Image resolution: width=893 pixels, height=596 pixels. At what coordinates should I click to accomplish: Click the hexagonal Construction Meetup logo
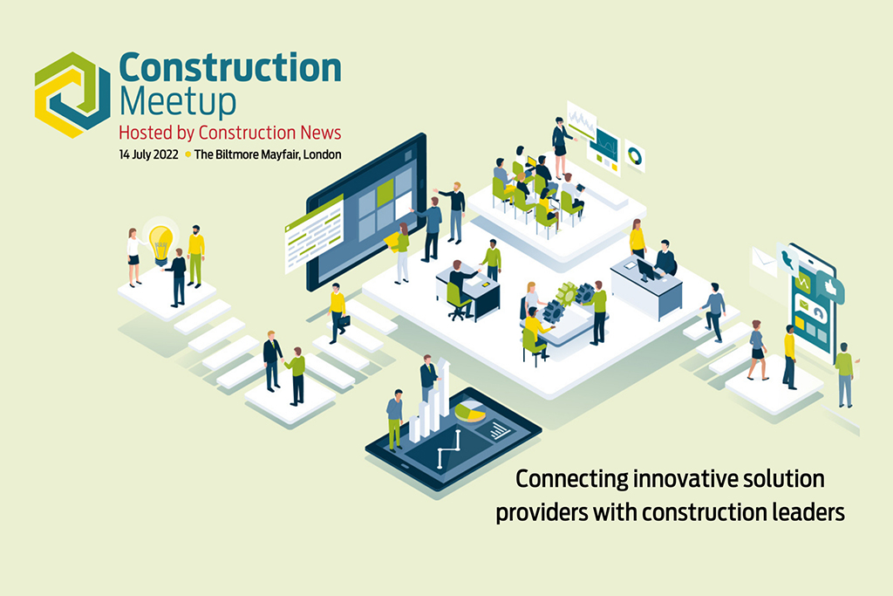(72, 94)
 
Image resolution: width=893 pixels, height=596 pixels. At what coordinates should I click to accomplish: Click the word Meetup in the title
(178, 102)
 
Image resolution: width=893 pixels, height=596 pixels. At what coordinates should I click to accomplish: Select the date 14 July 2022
(148, 154)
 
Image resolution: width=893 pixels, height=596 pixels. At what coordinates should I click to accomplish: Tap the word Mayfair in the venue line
(280, 154)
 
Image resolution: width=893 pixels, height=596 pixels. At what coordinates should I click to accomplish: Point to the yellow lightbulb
(160, 243)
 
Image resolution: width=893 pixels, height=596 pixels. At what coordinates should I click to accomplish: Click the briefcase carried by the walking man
(344, 321)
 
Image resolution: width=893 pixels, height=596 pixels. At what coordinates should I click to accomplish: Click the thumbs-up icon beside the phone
(830, 286)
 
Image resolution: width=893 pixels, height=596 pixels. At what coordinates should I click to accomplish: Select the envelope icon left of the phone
(764, 261)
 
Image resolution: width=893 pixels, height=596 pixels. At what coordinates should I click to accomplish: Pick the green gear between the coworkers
(567, 294)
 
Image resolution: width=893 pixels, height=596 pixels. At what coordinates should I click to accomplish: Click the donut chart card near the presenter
(635, 155)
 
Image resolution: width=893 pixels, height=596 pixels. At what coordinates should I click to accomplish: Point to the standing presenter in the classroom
(562, 147)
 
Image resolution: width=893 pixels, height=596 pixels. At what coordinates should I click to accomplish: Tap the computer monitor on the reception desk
(648, 269)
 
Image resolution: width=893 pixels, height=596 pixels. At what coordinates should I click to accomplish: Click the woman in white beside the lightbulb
(133, 257)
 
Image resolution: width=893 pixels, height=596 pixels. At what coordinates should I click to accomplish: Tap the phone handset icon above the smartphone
(788, 258)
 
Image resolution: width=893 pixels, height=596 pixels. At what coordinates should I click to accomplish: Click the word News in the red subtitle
(321, 133)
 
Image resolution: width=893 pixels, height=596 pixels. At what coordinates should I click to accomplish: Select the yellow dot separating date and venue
(187, 154)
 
